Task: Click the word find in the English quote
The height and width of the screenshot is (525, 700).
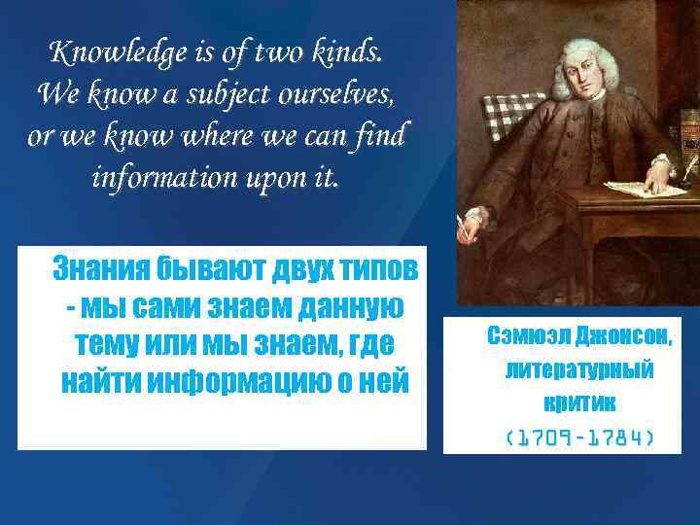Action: [381, 136]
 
